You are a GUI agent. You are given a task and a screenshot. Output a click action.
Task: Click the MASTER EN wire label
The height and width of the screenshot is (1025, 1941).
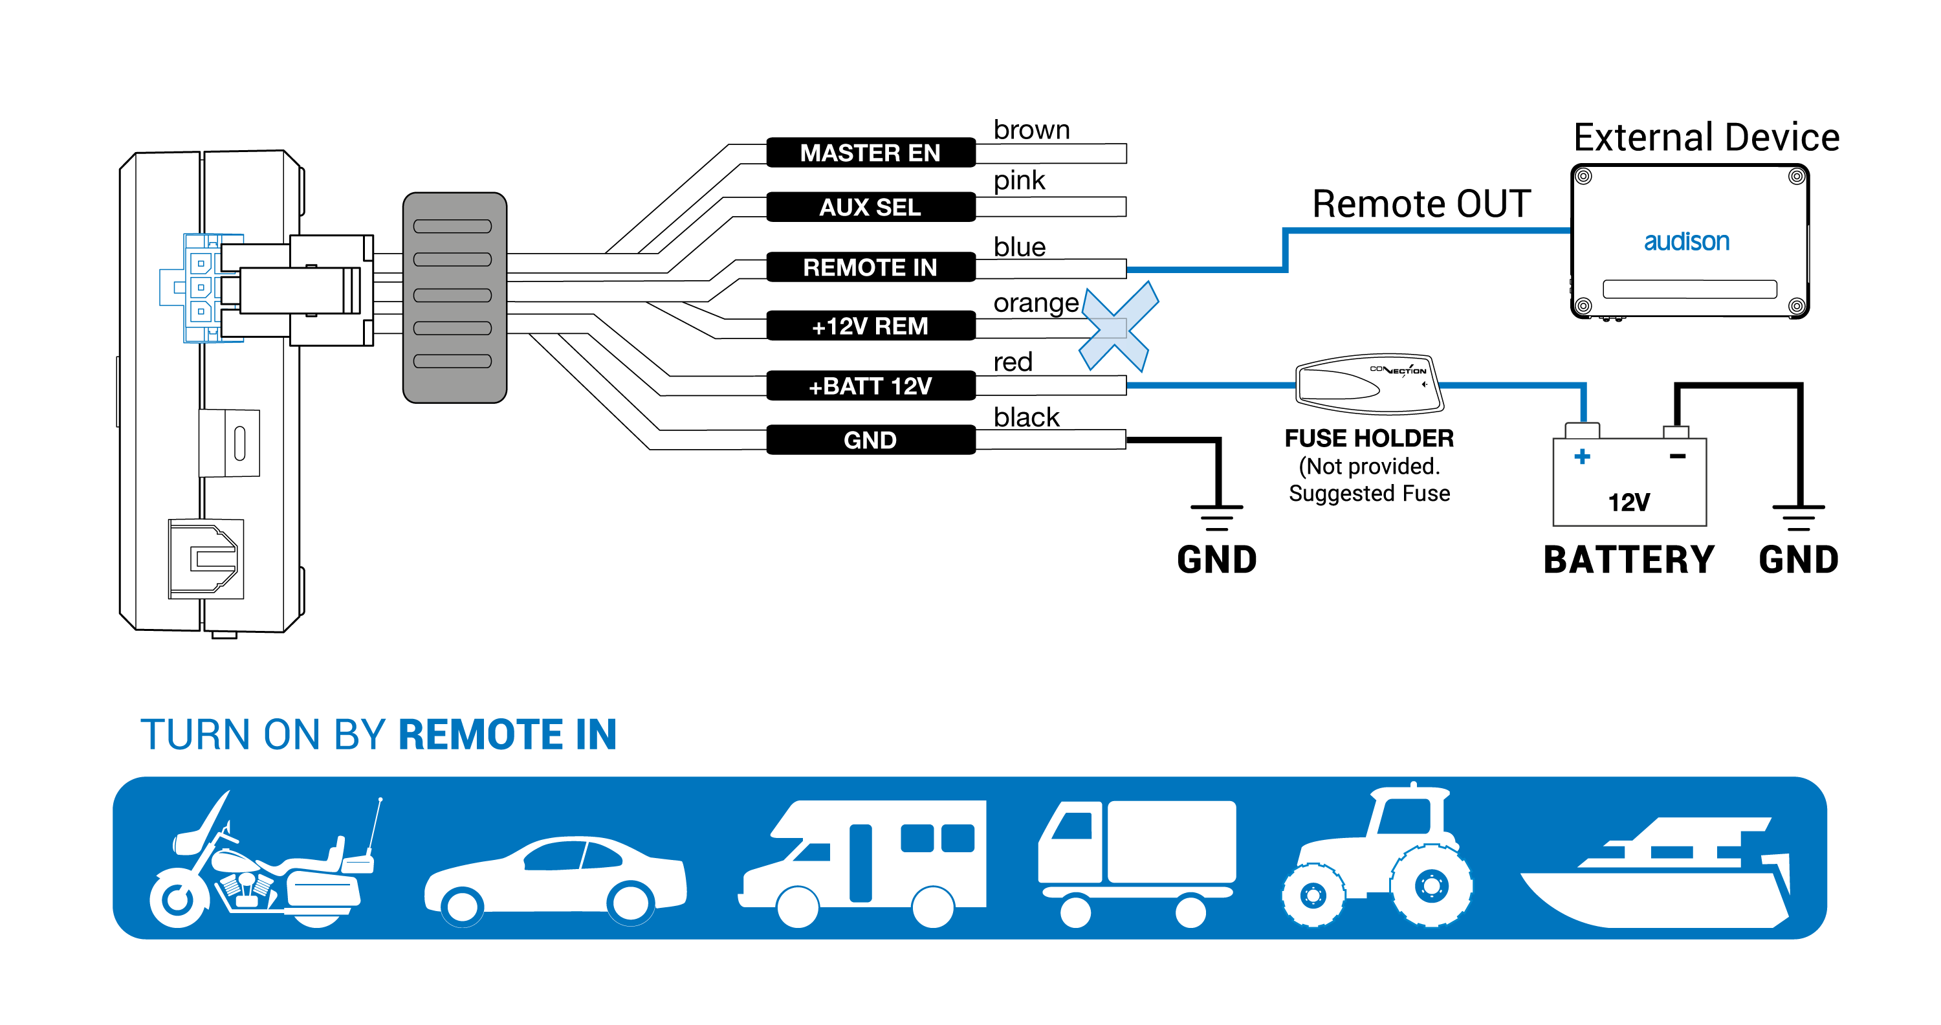click(870, 152)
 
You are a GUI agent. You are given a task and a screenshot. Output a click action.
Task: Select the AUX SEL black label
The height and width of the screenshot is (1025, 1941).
click(870, 206)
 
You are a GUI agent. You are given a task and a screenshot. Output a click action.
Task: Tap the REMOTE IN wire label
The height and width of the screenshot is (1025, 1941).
click(870, 267)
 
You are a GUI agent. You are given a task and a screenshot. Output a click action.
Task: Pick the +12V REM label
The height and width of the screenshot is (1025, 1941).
click(870, 325)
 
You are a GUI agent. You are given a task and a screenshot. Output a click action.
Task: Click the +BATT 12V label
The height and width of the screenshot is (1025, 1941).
click(870, 386)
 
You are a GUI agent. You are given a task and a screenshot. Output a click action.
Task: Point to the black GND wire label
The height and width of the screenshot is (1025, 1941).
click(870, 440)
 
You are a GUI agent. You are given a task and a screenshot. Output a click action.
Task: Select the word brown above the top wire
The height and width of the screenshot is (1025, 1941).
click(1031, 129)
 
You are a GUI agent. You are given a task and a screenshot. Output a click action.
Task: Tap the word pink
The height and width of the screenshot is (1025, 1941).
click(1019, 181)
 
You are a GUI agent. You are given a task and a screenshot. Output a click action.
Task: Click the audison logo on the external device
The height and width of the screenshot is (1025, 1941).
click(1686, 241)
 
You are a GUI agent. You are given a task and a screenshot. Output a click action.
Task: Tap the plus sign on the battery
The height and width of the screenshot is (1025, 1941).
click(1583, 456)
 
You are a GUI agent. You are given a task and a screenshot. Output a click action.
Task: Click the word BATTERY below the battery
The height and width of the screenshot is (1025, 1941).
click(1628, 560)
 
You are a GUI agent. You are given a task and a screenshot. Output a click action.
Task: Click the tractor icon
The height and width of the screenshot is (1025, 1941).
click(1377, 855)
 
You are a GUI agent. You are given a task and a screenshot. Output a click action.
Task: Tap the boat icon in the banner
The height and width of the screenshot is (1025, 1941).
click(1656, 872)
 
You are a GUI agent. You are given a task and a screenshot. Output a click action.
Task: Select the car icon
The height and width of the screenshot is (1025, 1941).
click(555, 880)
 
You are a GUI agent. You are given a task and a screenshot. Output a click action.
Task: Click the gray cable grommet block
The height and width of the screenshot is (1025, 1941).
click(454, 298)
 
